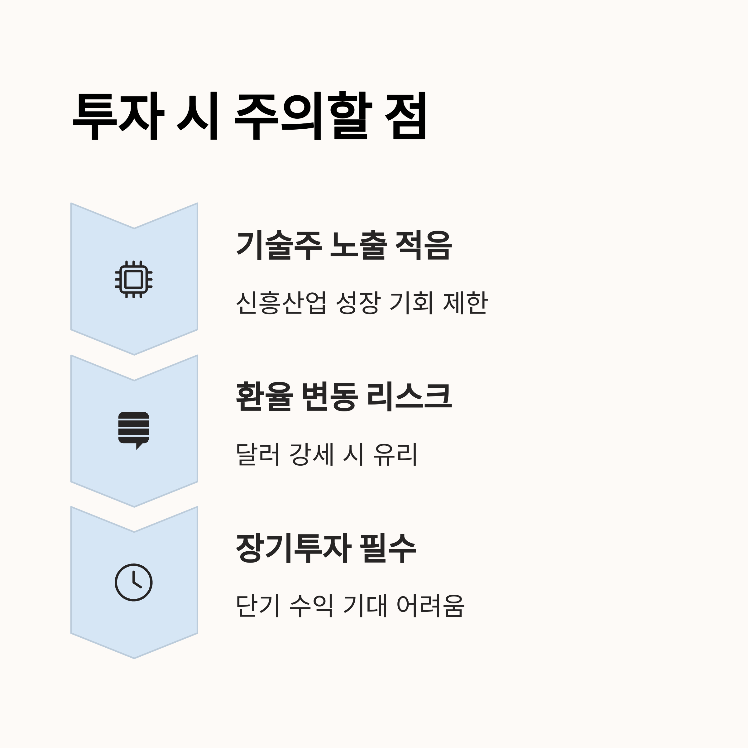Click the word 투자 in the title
118,116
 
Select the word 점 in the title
406,116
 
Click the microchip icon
134,279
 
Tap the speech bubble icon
134,430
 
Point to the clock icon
134,582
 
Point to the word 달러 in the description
258,454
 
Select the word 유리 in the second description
395,454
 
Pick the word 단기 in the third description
258,606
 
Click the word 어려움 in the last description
430,606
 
